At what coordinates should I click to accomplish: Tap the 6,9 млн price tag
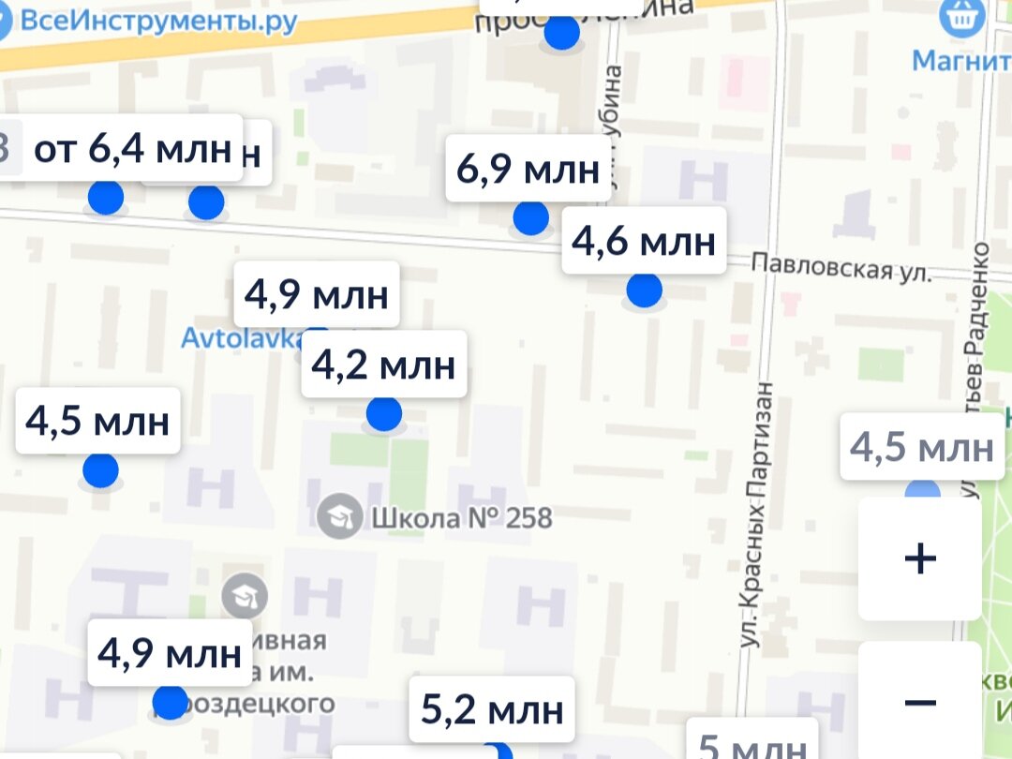tap(528, 170)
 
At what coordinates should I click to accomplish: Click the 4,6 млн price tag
tap(644, 242)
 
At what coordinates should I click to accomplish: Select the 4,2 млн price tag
tap(383, 365)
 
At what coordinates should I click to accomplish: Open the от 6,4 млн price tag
tap(132, 148)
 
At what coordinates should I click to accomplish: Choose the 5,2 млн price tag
tap(492, 709)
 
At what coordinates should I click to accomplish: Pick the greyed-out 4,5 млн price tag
tap(921, 447)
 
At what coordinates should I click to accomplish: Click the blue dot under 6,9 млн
tap(531, 218)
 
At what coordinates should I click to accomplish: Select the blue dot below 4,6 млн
tap(644, 290)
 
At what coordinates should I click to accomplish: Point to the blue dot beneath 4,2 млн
tap(383, 413)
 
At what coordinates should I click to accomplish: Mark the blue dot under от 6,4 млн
tap(105, 198)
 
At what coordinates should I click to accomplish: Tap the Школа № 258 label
tap(461, 517)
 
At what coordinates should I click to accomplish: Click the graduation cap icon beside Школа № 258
tap(339, 516)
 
